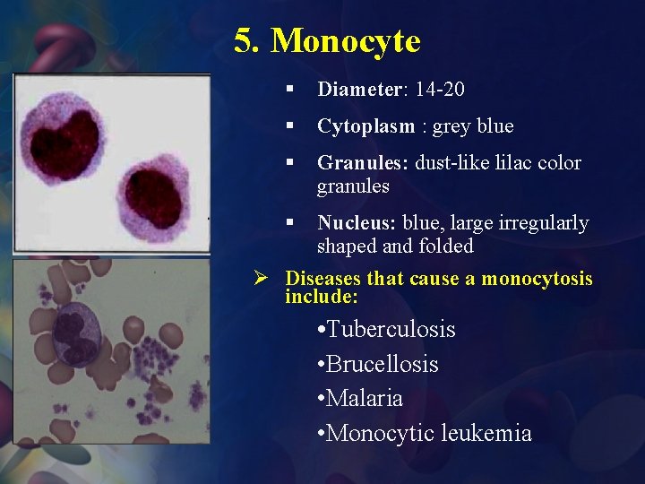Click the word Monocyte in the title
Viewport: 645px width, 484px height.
[345, 40]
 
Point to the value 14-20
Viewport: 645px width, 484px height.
[440, 90]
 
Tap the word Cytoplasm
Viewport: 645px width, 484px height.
[365, 126]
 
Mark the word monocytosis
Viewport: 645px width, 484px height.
[537, 279]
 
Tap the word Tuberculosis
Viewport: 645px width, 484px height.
[391, 330]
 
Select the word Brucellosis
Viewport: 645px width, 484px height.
[383, 364]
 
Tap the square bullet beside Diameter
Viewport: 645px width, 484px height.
[290, 90]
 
